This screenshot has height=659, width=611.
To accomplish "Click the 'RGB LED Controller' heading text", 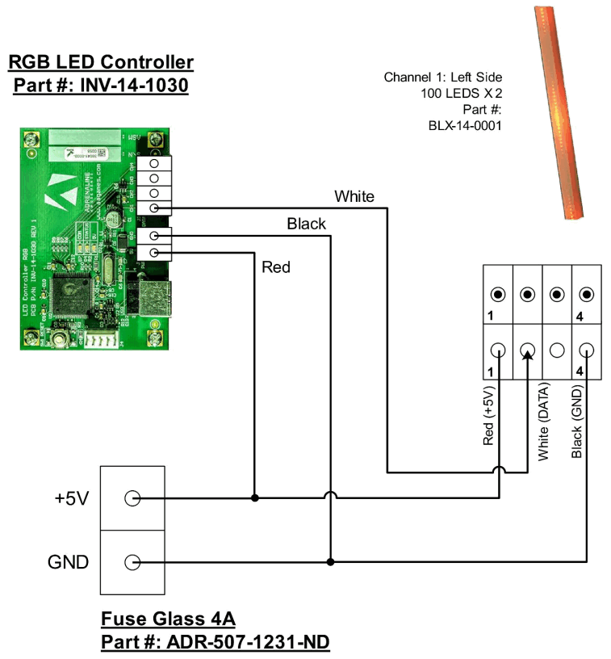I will (100, 62).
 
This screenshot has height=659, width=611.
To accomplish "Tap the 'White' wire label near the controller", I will (354, 196).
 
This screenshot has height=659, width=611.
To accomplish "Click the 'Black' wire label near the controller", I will (306, 224).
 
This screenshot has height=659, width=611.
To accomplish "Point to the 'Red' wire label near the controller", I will (276, 267).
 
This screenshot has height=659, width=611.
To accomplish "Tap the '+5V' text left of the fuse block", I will (72, 498).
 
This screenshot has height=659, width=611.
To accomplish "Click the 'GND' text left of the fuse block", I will (69, 562).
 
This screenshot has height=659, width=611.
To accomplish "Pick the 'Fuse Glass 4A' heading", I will (168, 619).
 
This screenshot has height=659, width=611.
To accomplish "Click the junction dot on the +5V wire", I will (255, 498).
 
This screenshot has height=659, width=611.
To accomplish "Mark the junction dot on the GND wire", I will (329, 561).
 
